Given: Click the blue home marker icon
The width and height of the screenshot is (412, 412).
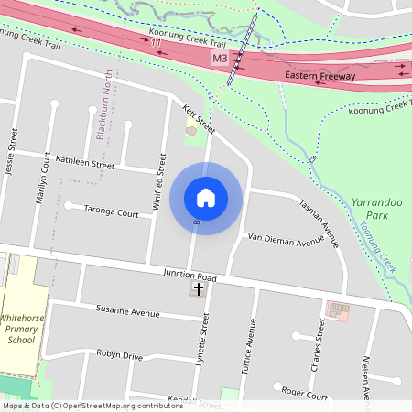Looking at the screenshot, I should pos(205,197).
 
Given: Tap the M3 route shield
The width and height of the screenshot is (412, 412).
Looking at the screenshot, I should pos(219,59).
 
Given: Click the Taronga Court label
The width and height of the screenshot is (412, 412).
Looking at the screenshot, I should pos(111,213).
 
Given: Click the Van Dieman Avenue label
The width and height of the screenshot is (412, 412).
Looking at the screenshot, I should pos(286,239).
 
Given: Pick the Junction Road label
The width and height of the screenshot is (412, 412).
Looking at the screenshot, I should pos(190,275).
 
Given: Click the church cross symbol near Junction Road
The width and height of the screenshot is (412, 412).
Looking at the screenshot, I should pos(198,288).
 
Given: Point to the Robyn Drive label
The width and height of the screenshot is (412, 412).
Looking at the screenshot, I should pos(120,355).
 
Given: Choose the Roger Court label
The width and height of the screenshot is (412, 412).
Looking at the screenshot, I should pos(305,396).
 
